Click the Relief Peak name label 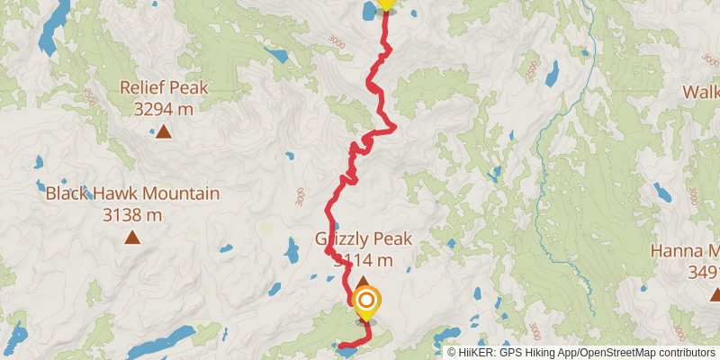click(164, 88)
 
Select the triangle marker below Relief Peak click(163, 133)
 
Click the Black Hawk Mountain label click(132, 193)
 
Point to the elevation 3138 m click(132, 215)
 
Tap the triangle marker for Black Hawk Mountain click(132, 238)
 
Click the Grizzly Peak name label click(363, 239)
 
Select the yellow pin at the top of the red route click(386, 4)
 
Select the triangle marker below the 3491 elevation click(715, 294)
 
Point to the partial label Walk click(700, 91)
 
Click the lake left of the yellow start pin click(369, 11)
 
